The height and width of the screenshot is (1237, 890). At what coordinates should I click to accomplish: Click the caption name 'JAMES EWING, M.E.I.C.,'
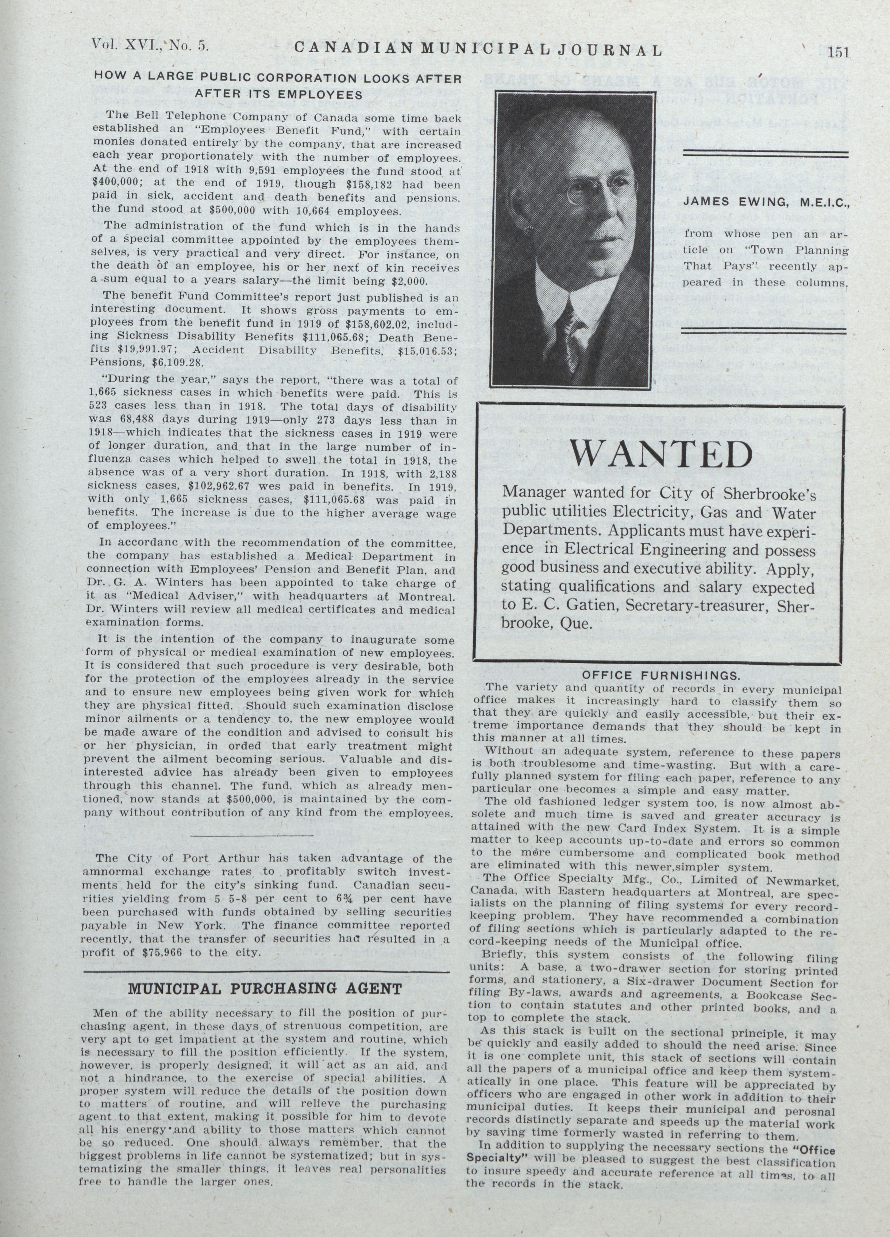click(766, 202)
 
